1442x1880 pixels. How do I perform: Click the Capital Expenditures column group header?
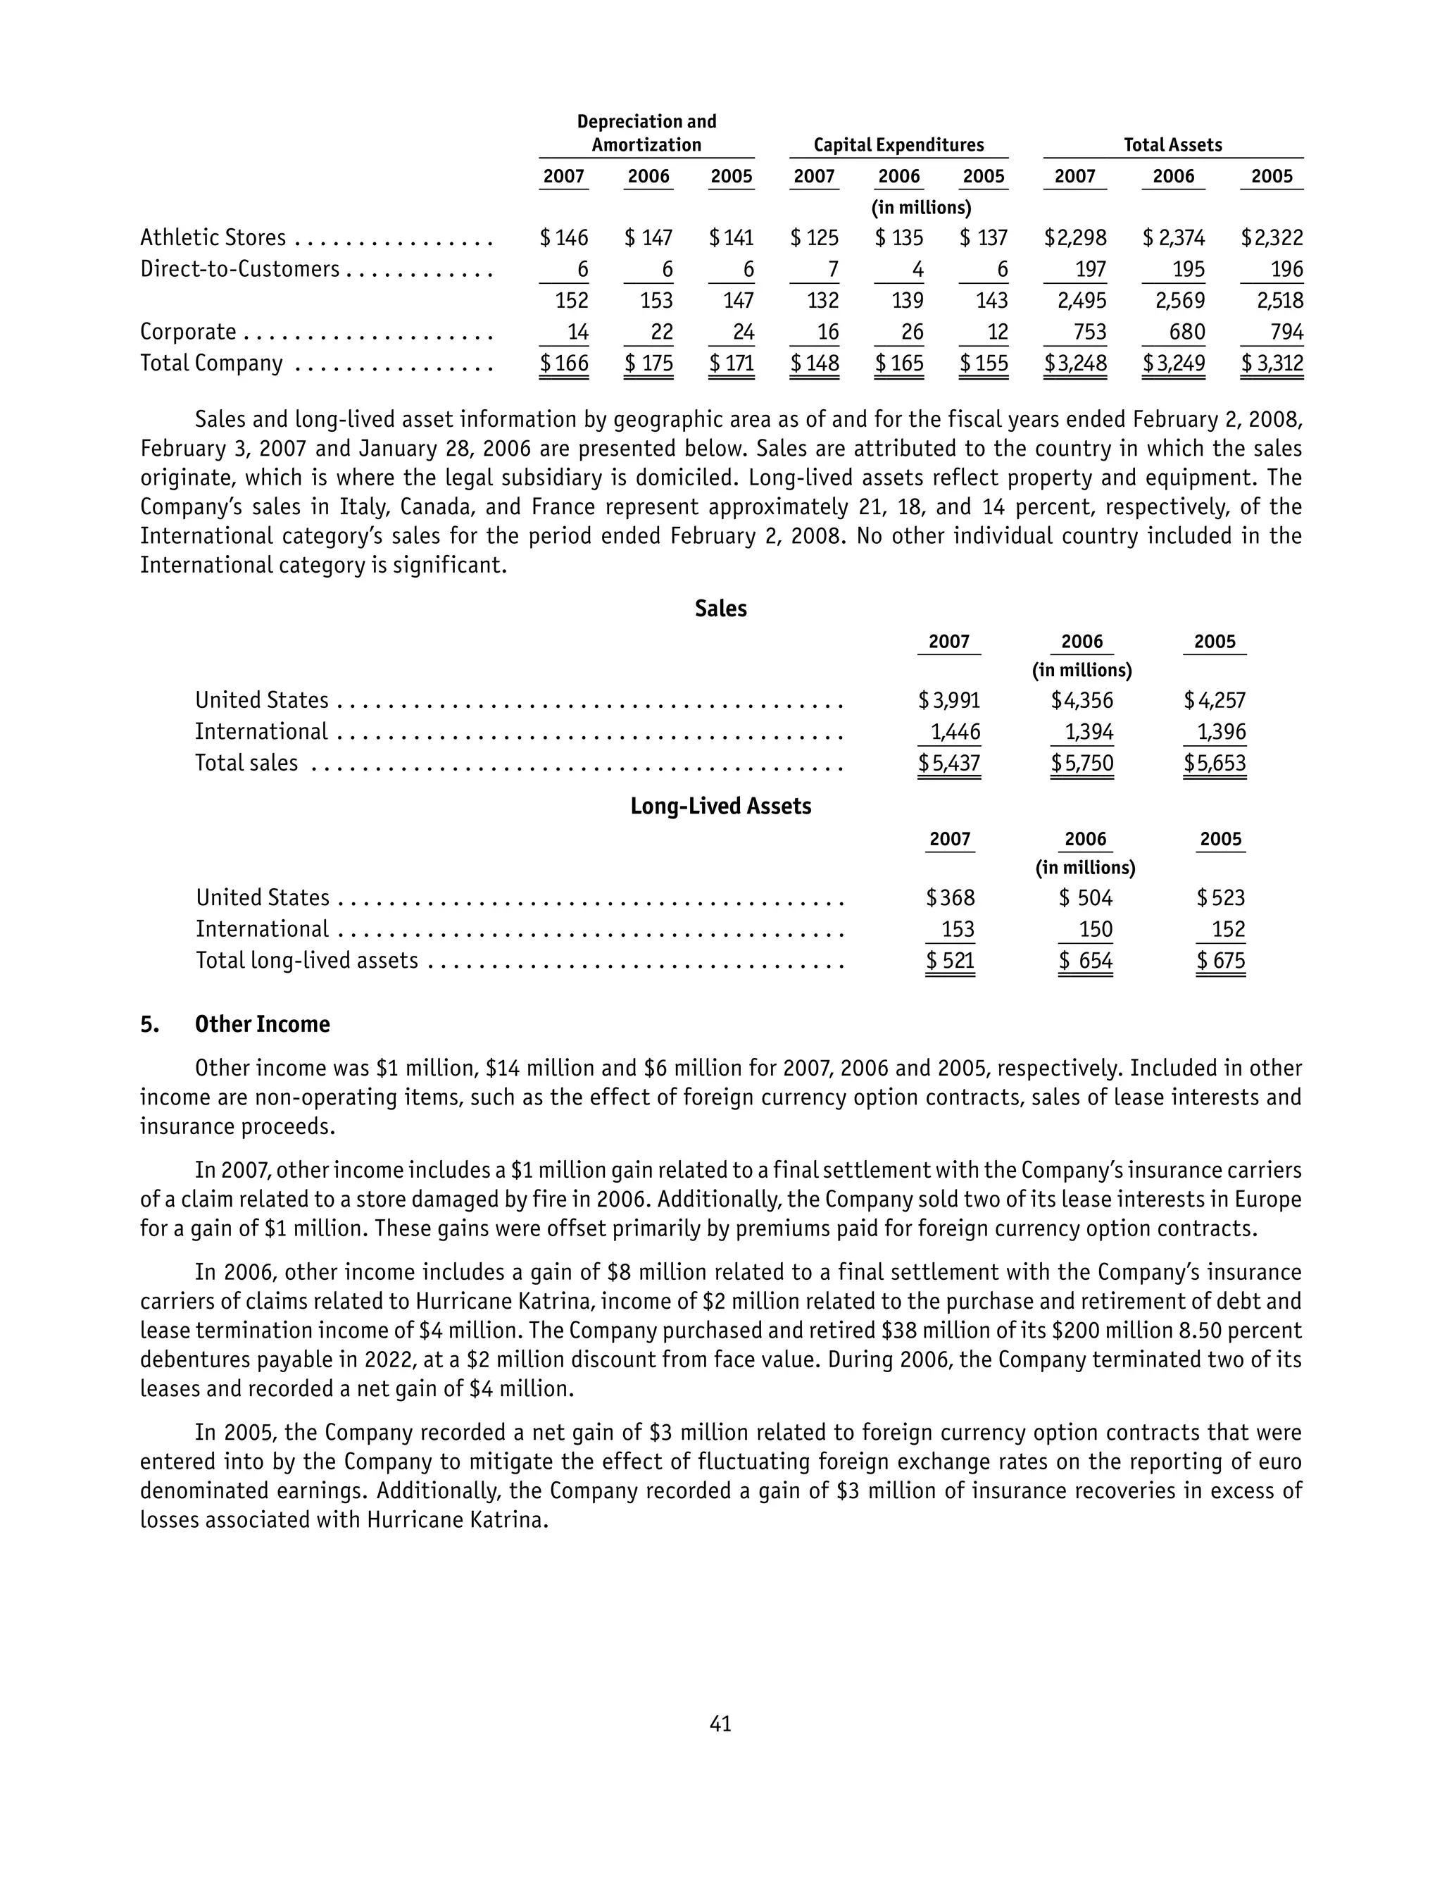898,145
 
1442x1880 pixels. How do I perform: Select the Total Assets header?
1172,145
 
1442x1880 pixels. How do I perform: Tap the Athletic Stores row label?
213,238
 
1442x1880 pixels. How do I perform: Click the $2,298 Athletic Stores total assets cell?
1075,238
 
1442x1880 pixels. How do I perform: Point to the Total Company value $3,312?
1272,364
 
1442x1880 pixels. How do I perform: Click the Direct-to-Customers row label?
239,270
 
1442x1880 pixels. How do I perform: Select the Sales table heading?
720,609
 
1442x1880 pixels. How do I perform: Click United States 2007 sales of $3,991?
949,700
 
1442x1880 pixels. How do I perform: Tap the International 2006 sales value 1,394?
1089,733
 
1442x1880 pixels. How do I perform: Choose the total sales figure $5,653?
1215,763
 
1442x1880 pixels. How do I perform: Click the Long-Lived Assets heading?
720,806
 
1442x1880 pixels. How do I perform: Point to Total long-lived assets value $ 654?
1086,961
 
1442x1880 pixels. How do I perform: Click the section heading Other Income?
262,1024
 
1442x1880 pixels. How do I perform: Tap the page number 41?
720,1723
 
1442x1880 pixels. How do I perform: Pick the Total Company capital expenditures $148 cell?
815,364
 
